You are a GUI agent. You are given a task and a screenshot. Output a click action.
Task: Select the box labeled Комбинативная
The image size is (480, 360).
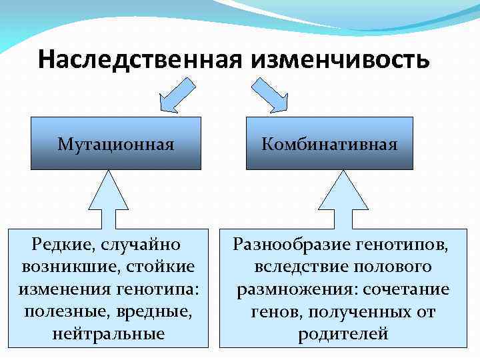click(x=330, y=143)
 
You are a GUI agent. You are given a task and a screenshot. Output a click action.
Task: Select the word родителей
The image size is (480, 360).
click(x=343, y=334)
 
